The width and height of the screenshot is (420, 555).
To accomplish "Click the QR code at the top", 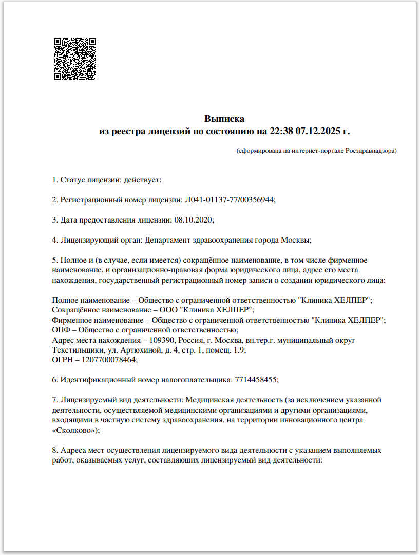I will click(75, 59).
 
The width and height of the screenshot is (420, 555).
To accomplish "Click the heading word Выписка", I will click(224, 119).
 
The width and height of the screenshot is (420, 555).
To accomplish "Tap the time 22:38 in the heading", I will click(281, 131).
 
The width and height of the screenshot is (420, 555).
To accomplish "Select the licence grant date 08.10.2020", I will click(193, 219).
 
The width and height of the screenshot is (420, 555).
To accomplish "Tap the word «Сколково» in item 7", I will click(73, 430).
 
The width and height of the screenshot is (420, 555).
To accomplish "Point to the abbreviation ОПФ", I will click(61, 330).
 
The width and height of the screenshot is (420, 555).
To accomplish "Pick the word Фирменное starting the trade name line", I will click(71, 320).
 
